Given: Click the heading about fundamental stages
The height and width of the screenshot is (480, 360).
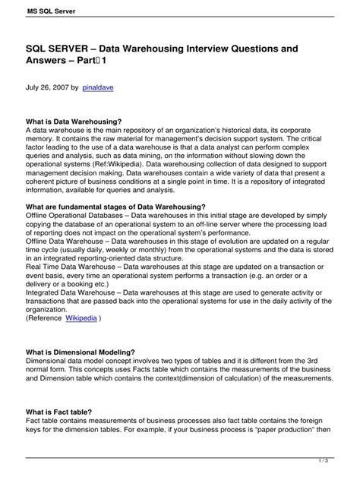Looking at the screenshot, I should coord(116,206).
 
